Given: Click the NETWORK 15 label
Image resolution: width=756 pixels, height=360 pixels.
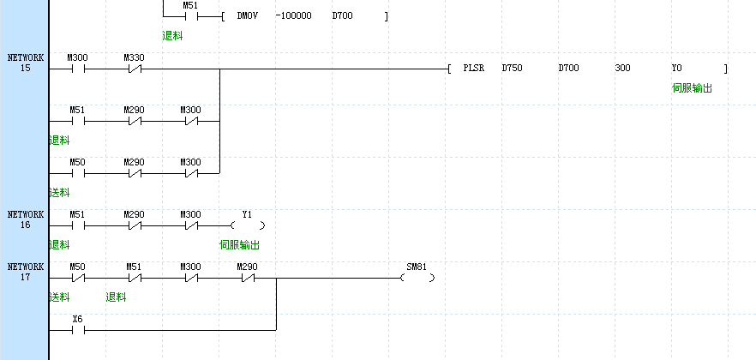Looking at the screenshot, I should click(x=25, y=63).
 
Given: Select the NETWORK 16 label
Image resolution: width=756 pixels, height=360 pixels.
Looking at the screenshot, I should click(x=25, y=219).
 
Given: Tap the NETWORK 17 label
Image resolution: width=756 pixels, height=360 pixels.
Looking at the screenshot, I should click(x=25, y=272).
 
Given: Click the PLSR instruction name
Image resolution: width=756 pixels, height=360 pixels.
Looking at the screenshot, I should click(x=474, y=67).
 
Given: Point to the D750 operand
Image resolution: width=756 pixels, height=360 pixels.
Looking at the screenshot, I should click(x=512, y=67).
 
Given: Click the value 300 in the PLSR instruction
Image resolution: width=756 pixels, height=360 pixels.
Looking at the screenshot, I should click(x=622, y=67).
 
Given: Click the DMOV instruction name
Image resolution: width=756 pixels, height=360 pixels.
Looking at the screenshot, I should click(x=247, y=16).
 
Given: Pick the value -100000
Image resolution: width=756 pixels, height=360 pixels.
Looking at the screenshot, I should click(x=294, y=16).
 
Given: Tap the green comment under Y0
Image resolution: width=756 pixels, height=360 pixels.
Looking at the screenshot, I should click(x=692, y=88).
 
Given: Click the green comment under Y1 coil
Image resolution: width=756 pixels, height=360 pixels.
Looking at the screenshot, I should click(x=239, y=245).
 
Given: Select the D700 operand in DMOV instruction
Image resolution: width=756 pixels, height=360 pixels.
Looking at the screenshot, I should click(x=342, y=16).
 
